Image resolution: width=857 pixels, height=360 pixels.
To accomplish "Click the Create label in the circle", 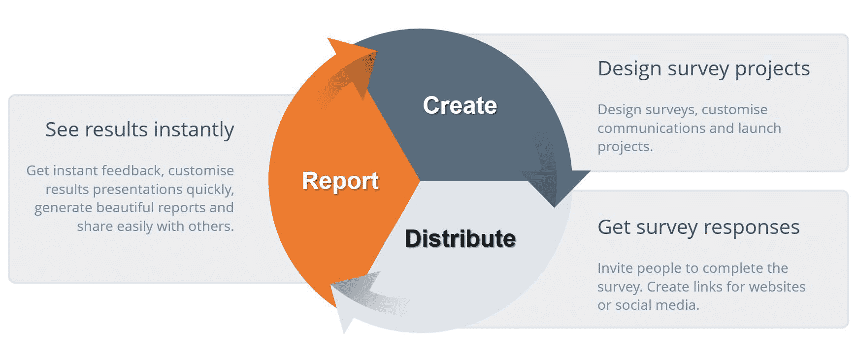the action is pyautogui.click(x=460, y=105).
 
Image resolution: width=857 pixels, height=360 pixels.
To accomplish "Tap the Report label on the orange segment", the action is pyautogui.click(x=340, y=181).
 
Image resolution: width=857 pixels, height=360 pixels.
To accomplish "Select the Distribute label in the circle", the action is pyautogui.click(x=460, y=238).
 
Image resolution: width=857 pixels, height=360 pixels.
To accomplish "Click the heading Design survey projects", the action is pyautogui.click(x=703, y=69).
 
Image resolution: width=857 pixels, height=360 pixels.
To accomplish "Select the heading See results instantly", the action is pyautogui.click(x=139, y=130).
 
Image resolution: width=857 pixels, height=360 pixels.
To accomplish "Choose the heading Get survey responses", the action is pyautogui.click(x=698, y=228).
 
